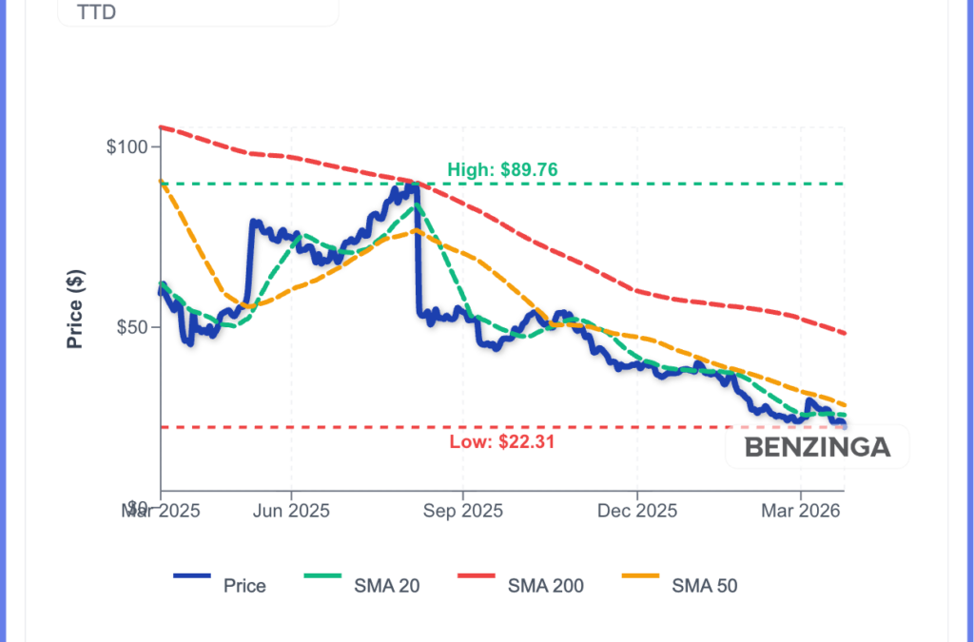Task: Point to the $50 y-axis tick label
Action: tap(132, 327)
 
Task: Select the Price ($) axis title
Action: tap(75, 308)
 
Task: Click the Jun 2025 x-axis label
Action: tap(291, 511)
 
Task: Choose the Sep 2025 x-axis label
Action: tap(462, 511)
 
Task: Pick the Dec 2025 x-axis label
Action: tap(637, 511)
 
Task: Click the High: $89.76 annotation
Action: tap(502, 170)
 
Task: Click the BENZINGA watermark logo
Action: tap(817, 447)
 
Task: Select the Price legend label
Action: tap(244, 586)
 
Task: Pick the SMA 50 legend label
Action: tap(705, 586)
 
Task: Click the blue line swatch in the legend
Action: tap(193, 576)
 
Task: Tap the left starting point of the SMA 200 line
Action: tap(161, 126)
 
